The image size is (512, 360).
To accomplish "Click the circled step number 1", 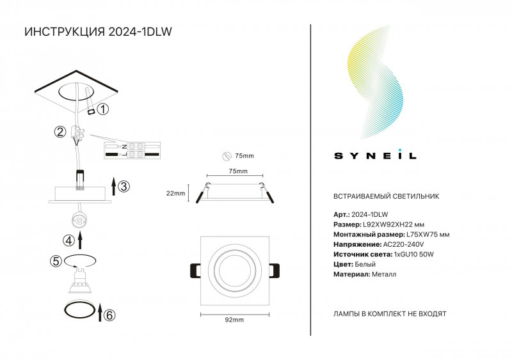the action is [x=103, y=109].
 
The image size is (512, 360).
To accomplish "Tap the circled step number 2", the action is [x=60, y=132].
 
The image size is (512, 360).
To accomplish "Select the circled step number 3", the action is [x=124, y=186].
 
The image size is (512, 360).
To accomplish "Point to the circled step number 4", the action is [x=68, y=240].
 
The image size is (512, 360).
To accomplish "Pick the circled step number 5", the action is [x=56, y=261].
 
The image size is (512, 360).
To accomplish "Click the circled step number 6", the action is [x=109, y=315].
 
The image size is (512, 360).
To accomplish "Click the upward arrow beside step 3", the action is [x=113, y=186].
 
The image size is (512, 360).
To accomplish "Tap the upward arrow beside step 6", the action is [x=100, y=312].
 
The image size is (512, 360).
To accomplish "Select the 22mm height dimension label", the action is [x=175, y=193].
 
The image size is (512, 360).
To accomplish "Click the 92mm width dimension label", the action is [x=234, y=320].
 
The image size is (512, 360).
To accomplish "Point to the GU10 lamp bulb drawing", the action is [x=79, y=280].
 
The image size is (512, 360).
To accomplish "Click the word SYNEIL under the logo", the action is [x=375, y=155].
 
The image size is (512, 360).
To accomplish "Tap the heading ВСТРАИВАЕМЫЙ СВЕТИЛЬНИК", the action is [x=387, y=196].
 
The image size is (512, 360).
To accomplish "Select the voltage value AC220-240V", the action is [x=404, y=244].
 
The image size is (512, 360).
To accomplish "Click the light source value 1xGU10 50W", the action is [x=413, y=254].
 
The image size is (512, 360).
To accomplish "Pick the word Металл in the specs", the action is [x=384, y=274].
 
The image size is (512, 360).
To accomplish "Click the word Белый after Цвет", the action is [x=365, y=264].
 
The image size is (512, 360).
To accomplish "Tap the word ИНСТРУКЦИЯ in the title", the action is [x=65, y=32].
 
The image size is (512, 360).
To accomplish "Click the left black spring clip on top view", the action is [x=195, y=270].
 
